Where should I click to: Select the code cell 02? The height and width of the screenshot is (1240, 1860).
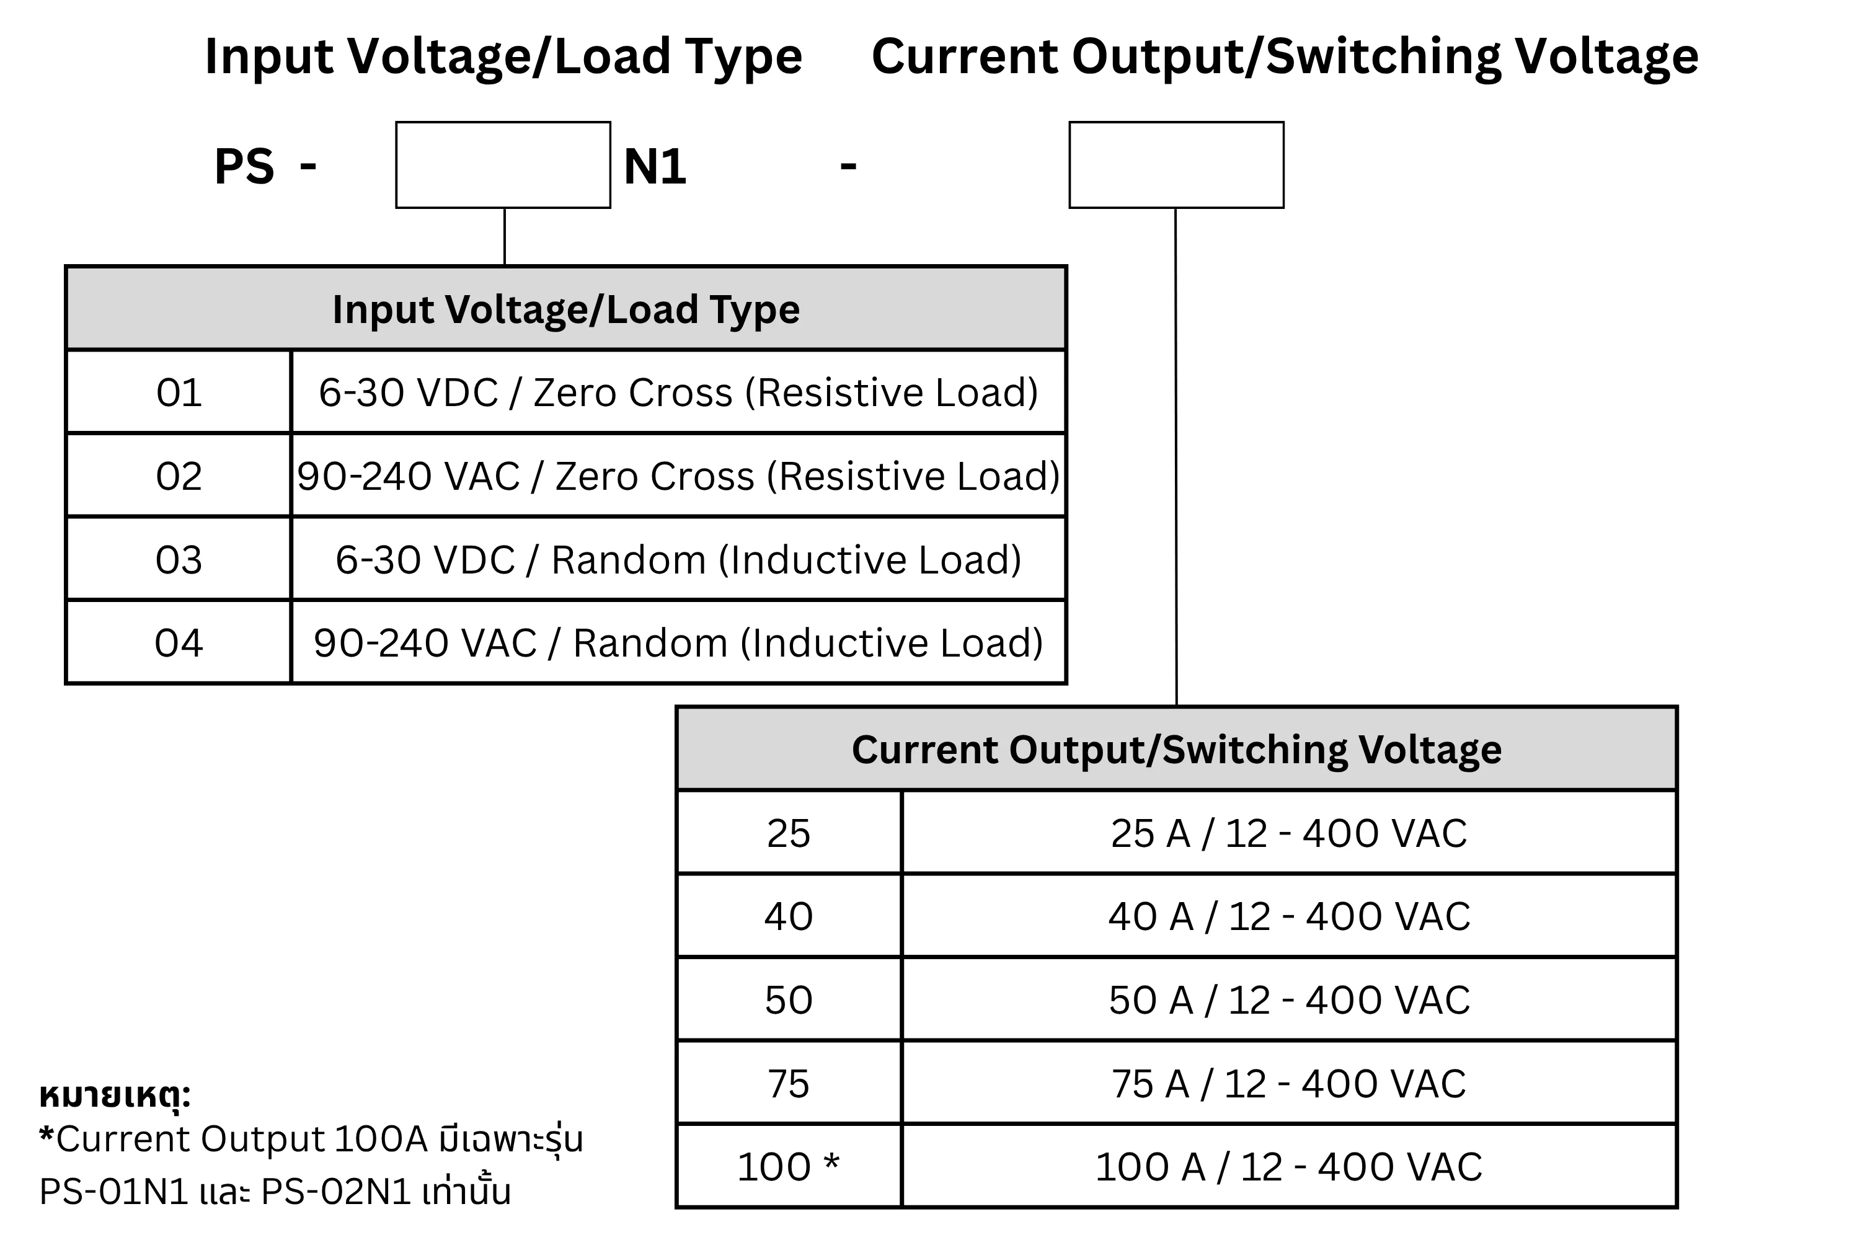coord(179,476)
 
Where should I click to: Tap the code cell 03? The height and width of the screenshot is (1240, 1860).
coord(179,559)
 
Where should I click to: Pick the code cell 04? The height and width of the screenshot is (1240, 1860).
coord(179,642)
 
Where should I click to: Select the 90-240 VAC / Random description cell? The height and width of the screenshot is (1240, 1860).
coord(678,642)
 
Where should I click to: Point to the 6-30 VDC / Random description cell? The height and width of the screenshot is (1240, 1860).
coord(678,559)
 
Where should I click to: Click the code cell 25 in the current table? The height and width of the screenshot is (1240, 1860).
coord(789,833)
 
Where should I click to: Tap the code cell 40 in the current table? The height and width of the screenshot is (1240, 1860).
coord(789,916)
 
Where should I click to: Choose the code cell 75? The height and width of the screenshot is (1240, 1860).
coord(789,1083)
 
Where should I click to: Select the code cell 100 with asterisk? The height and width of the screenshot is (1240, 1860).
coord(789,1166)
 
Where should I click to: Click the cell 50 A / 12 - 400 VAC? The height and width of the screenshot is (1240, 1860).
coord(1289,999)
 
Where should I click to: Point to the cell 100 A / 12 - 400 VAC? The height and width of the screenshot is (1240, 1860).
coord(1289,1166)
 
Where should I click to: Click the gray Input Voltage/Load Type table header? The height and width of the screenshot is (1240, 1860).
coord(566,308)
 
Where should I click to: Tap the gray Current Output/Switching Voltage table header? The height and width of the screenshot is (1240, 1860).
coord(1177,749)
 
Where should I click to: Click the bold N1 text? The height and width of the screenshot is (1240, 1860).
coord(655,166)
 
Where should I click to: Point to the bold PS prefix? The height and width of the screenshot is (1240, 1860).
coord(244,166)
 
